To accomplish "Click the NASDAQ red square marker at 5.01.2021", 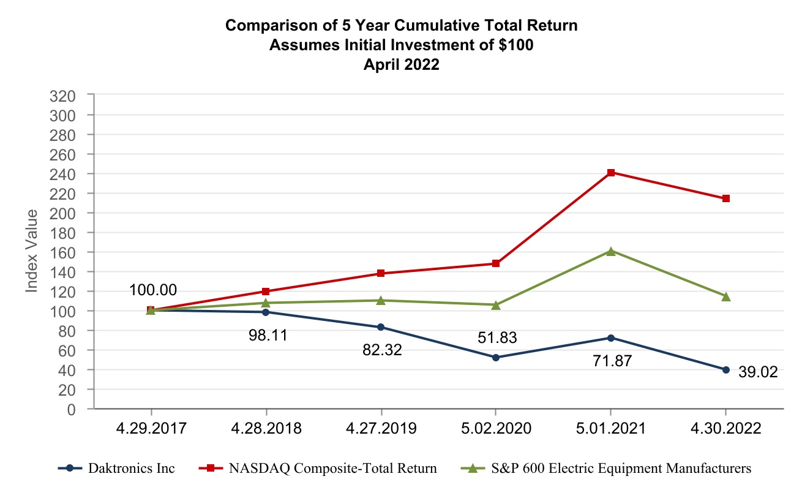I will point(610,173).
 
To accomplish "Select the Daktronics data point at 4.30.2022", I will point(725,370).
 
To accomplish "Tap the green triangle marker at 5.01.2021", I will point(610,251).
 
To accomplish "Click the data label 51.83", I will point(497,338).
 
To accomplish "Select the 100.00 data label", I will point(153,290).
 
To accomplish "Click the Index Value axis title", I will point(32,250).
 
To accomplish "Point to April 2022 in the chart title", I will point(401,65).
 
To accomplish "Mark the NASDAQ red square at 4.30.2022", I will point(725,198).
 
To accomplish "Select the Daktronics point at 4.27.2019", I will point(381,327).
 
